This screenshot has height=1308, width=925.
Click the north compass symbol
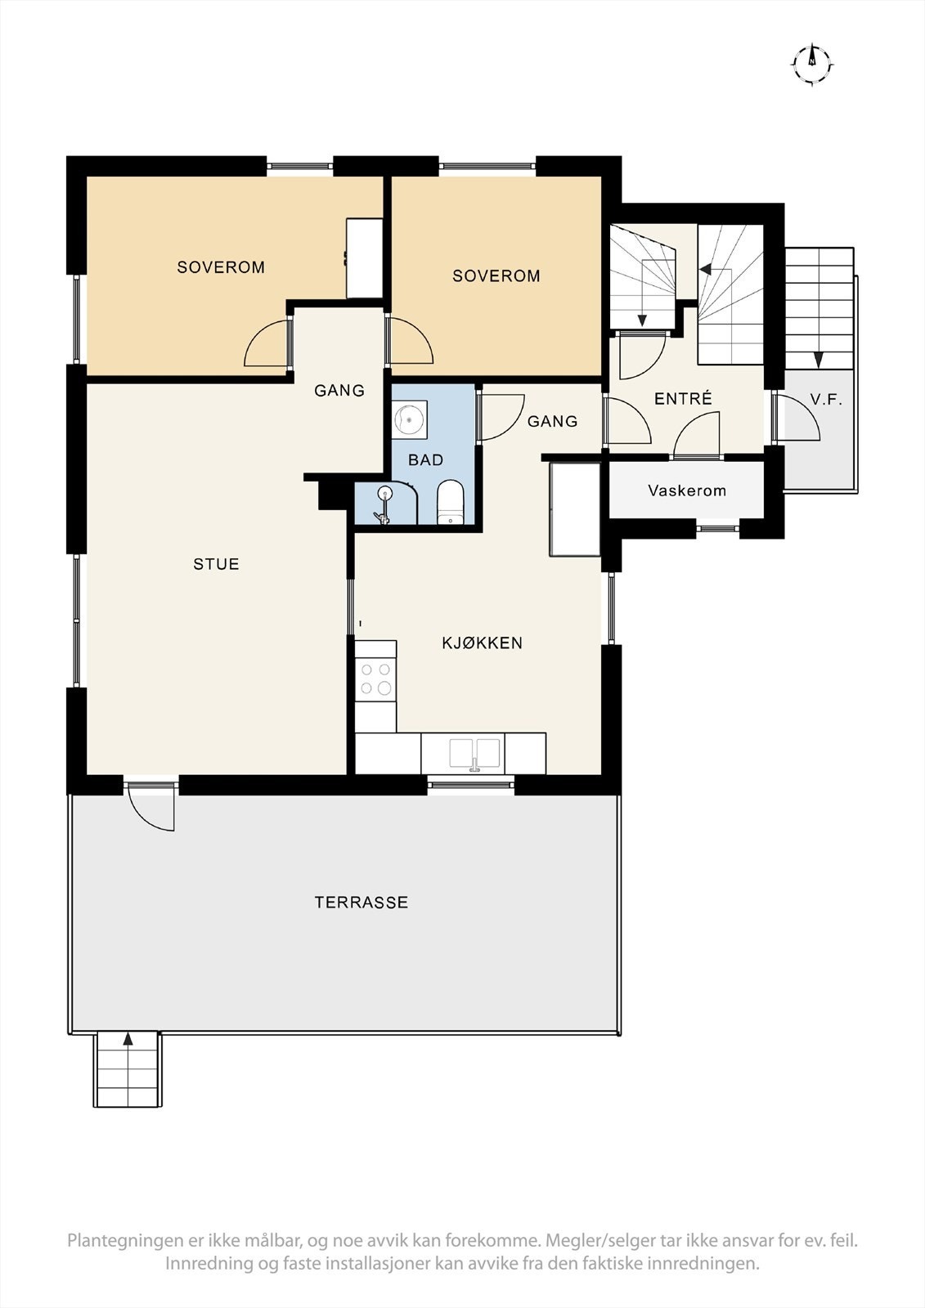pyautogui.click(x=812, y=64)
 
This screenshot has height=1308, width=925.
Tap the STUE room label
pyautogui.click(x=216, y=564)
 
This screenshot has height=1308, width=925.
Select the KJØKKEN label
pyautogui.click(x=482, y=643)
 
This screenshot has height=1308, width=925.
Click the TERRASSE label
pyautogui.click(x=361, y=903)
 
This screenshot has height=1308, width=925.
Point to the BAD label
pyautogui.click(x=425, y=460)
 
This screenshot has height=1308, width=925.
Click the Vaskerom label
pyautogui.click(x=686, y=490)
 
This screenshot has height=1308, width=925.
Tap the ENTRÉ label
pyautogui.click(x=683, y=398)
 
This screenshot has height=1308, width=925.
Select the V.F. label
pyautogui.click(x=826, y=400)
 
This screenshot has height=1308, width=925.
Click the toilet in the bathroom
pyautogui.click(x=451, y=502)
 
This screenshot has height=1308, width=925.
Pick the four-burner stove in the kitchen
pyautogui.click(x=375, y=678)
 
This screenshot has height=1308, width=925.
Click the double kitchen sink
pyautogui.click(x=474, y=754)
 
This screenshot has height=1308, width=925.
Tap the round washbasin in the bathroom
pyautogui.click(x=410, y=419)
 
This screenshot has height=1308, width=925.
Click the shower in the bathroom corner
pyautogui.click(x=386, y=503)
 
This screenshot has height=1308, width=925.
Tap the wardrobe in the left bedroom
pyautogui.click(x=365, y=258)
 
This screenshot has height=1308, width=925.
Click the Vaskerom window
pyautogui.click(x=717, y=528)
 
